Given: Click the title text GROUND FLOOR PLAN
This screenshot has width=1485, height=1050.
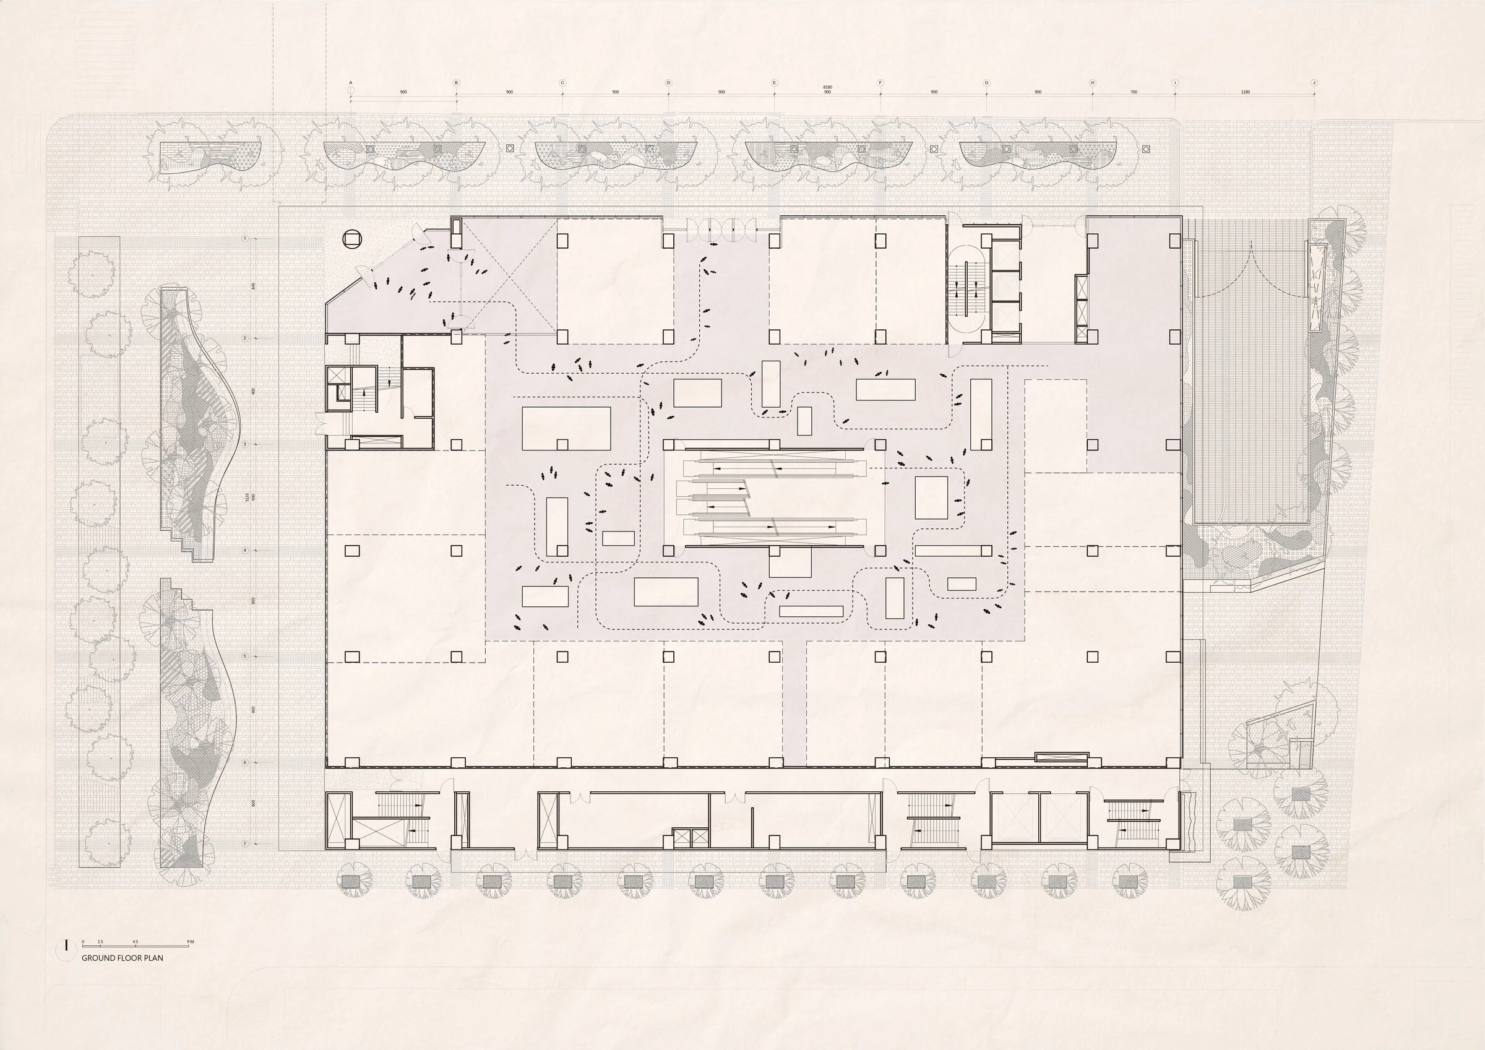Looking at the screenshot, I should tap(123, 958).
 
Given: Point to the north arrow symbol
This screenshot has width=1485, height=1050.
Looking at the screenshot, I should tap(66, 946).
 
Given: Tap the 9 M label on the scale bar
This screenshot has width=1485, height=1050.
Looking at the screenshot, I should tap(190, 941).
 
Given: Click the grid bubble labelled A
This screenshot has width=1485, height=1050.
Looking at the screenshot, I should tap(351, 83).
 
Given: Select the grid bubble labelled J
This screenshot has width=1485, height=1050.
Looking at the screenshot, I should tap(1313, 83).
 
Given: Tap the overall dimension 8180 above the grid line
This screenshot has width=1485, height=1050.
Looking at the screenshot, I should tap(827, 87).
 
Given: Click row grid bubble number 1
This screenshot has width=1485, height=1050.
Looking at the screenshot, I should tap(245, 239).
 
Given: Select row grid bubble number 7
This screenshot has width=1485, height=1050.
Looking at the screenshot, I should tap(245, 845).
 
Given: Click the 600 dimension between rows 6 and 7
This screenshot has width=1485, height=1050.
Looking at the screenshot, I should tap(254, 804).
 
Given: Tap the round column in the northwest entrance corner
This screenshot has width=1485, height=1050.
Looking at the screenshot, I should tap(353, 239).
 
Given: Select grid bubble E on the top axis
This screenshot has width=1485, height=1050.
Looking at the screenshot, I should tap(774, 83).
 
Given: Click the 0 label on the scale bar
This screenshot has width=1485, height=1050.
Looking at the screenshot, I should tap(83, 941).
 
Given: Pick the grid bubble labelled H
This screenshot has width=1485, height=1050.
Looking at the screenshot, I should tap(1093, 83).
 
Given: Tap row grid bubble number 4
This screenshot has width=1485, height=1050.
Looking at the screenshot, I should tap(245, 551).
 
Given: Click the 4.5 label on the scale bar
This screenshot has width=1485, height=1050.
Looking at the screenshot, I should tap(134, 941).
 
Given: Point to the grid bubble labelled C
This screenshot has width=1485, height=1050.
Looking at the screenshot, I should tap(562, 83).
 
